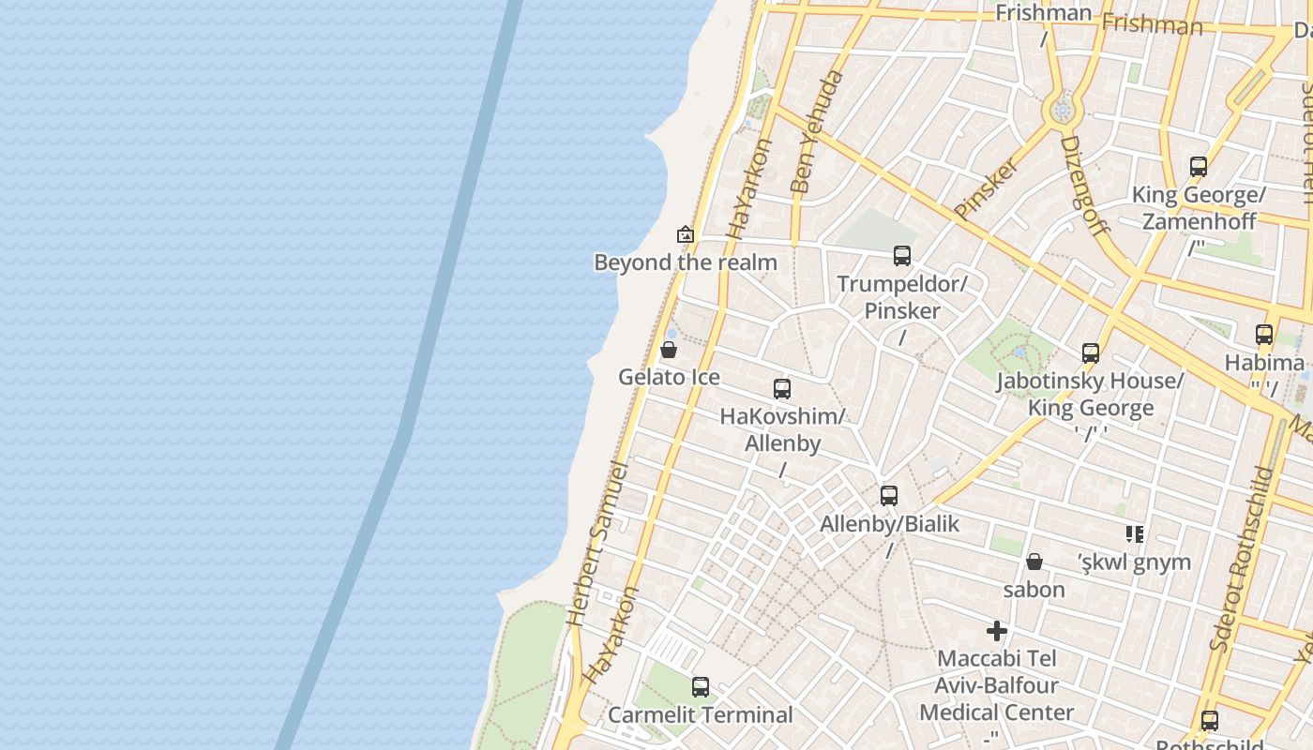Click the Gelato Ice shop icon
tap(669, 351)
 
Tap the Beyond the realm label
tap(686, 262)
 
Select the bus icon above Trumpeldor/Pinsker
tap(901, 256)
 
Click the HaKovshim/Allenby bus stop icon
tap(781, 389)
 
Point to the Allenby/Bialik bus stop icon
tap(888, 496)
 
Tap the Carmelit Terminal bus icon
tap(700, 687)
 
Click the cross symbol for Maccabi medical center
tap(996, 631)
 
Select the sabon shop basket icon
tap(1034, 562)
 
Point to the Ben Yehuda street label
tap(816, 131)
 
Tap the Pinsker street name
tap(986, 188)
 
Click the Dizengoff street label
tap(1084, 185)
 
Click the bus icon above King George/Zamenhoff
tap(1198, 167)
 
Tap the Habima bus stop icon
tap(1263, 335)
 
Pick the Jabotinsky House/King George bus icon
tap(1090, 353)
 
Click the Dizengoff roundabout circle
tap(1062, 111)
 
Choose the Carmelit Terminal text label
tap(700, 715)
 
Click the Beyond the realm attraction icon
tap(686, 234)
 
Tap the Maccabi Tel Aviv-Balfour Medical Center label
tap(996, 685)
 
